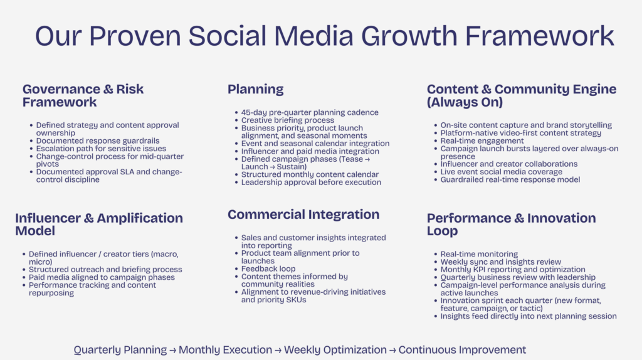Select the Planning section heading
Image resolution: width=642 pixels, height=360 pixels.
click(x=255, y=89)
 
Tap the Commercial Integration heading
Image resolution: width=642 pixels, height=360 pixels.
click(x=303, y=214)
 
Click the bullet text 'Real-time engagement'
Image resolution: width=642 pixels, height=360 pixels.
click(x=482, y=141)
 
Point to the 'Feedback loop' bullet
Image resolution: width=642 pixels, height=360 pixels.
click(x=269, y=268)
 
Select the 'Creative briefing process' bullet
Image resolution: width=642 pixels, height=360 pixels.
click(x=288, y=120)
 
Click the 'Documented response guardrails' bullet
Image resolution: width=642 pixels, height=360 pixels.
click(x=97, y=141)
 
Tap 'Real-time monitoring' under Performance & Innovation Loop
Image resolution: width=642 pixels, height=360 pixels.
click(x=479, y=254)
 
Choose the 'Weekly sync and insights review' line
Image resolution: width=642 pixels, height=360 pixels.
click(x=500, y=262)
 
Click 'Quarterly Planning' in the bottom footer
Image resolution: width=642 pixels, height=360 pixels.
click(x=120, y=350)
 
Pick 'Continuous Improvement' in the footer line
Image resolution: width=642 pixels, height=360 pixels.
click(x=462, y=350)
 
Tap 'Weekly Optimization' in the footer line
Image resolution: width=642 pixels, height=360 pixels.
click(x=335, y=350)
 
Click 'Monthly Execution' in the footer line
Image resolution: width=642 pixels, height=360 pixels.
click(x=225, y=350)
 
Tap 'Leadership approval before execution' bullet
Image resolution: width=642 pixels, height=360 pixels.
click(x=311, y=183)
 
